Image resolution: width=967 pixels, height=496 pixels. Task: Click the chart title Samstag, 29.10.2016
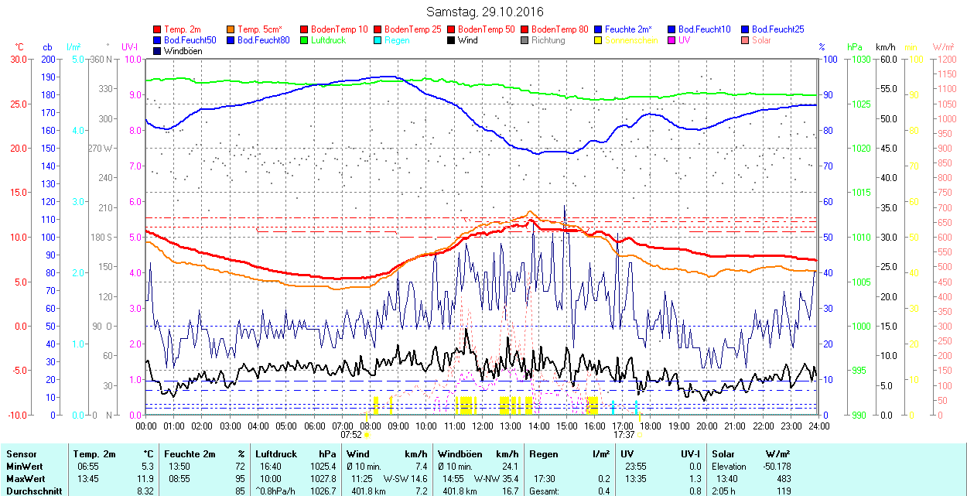(x=485, y=12)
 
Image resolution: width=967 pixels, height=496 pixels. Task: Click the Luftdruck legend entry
(x=324, y=40)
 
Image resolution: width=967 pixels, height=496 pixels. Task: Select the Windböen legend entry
(x=183, y=51)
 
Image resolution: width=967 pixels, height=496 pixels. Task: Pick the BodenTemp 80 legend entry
(x=559, y=29)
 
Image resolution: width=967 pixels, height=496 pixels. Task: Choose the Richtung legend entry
(x=548, y=40)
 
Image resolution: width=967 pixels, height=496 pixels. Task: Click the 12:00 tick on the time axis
(x=482, y=426)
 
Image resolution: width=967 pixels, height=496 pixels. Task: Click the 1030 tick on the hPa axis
(x=859, y=59)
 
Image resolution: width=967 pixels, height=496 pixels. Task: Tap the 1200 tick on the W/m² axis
(x=946, y=59)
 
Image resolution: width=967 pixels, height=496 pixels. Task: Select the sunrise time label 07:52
(x=351, y=435)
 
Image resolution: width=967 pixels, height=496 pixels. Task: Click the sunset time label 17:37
(x=624, y=435)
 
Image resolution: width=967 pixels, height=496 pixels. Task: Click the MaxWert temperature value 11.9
(x=146, y=479)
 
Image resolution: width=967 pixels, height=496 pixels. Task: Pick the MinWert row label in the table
(x=23, y=467)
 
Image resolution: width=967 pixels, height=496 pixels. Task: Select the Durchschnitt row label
(x=29, y=491)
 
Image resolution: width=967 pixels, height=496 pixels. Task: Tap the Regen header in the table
(x=542, y=454)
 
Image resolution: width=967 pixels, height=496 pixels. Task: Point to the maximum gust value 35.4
(x=509, y=479)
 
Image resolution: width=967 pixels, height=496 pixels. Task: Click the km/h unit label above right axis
(x=886, y=47)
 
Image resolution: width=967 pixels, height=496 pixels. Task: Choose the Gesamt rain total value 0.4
(x=603, y=491)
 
